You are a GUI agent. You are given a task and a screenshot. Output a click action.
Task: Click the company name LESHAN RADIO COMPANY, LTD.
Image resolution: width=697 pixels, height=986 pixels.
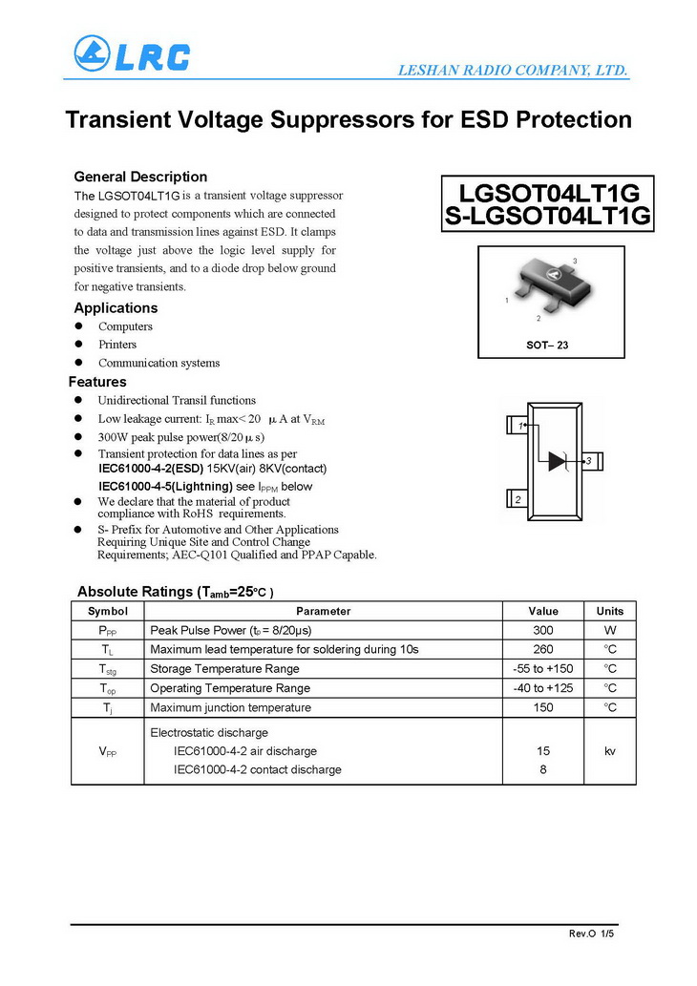(x=511, y=70)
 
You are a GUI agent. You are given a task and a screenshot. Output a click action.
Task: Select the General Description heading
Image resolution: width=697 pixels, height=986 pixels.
(x=140, y=177)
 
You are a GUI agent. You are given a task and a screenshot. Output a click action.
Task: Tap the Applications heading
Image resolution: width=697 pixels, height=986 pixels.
(x=116, y=308)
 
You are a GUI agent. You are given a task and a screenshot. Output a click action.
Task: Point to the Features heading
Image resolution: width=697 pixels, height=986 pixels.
(x=97, y=382)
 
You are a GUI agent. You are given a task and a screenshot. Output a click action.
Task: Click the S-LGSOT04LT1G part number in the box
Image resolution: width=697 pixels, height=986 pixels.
(x=548, y=216)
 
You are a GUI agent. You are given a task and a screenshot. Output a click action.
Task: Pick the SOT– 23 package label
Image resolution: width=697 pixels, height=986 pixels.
(x=547, y=345)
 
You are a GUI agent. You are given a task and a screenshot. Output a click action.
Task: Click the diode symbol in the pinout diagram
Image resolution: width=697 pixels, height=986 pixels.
(x=558, y=461)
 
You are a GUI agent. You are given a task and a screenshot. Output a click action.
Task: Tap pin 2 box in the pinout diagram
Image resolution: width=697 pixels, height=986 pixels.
(x=517, y=499)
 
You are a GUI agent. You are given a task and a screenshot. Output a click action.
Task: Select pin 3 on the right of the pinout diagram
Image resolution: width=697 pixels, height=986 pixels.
(x=589, y=462)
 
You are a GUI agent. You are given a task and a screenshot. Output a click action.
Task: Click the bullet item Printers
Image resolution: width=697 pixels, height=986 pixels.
(x=117, y=345)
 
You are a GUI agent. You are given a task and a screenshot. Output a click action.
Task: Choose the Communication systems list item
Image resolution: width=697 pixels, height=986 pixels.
(x=158, y=363)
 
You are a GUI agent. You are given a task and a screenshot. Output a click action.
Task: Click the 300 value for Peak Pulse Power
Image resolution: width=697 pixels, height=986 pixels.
(x=542, y=631)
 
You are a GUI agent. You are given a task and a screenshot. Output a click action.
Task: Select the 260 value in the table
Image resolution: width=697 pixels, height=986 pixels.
(x=542, y=650)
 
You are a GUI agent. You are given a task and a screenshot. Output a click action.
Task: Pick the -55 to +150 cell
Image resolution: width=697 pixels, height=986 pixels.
(x=542, y=669)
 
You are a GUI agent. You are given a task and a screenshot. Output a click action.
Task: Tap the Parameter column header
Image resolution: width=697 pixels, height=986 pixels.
(x=323, y=611)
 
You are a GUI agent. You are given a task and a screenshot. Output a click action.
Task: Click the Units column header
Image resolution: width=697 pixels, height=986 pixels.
(x=609, y=611)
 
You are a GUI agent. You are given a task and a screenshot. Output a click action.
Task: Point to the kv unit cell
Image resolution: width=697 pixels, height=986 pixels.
(x=609, y=751)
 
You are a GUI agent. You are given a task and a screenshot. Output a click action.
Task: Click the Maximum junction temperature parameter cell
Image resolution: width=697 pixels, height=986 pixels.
(x=230, y=707)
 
